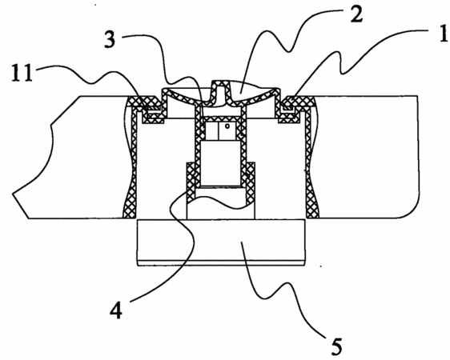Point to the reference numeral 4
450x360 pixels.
pyautogui.click(x=116, y=311)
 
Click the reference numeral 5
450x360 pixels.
pyautogui.click(x=335, y=346)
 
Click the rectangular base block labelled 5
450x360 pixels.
pyautogui.click(x=221, y=242)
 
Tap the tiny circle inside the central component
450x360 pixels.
pyautogui.click(x=227, y=126)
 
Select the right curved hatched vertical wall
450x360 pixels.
pyautogui.click(x=311, y=161)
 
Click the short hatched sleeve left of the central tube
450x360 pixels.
pyautogui.click(x=191, y=182)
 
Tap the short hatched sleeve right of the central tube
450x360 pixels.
pyautogui.click(x=251, y=183)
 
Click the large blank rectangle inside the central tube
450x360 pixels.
pyautogui.click(x=220, y=163)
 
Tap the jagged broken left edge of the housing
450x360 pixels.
pyautogui.click(x=43, y=161)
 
